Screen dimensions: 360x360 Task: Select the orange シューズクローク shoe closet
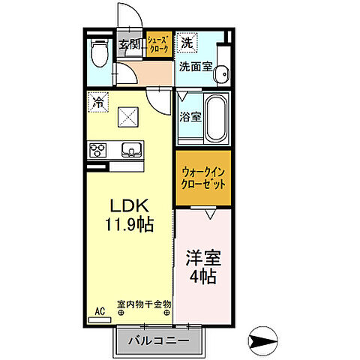coord(158,46)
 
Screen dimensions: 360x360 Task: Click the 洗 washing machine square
coord(187,43)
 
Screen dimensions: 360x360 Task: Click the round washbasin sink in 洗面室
coord(220,73)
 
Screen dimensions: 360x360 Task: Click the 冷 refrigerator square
coord(97,102)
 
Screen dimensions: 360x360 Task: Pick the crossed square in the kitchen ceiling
coord(128,116)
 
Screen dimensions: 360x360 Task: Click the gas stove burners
coord(99,150)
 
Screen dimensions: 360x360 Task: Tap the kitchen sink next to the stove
coord(131,150)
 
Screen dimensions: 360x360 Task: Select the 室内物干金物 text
coord(145,304)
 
